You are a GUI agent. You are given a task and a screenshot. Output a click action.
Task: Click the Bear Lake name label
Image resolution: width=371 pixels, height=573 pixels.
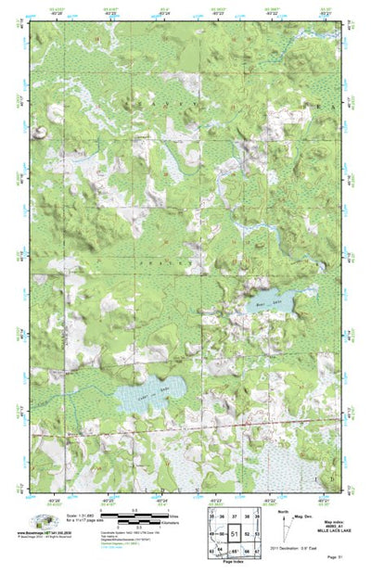pyautogui.click(x=262, y=301)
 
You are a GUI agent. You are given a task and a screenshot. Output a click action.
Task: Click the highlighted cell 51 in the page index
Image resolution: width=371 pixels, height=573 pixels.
pyautogui.click(x=236, y=535)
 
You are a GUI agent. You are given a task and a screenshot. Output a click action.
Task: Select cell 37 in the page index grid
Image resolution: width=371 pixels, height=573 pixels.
pyautogui.click(x=235, y=516)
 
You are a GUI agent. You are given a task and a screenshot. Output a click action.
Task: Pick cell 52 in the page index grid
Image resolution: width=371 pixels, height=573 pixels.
pyautogui.click(x=249, y=535)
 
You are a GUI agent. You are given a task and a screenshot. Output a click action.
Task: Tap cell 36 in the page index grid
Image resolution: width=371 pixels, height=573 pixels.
pyautogui.click(x=223, y=516)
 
